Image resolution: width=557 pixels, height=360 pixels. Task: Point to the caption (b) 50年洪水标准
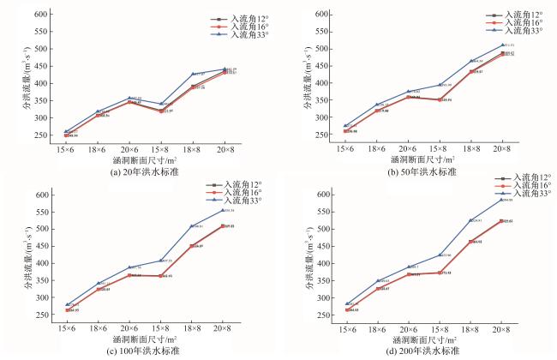pos(421,171)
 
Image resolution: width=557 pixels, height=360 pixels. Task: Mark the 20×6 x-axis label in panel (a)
pos(129,147)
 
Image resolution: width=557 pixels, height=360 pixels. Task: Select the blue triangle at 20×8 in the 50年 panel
pos(503,45)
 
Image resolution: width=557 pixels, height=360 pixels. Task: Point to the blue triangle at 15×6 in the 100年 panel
pos(67,304)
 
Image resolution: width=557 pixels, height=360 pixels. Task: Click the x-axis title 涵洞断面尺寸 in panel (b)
pos(420,159)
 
